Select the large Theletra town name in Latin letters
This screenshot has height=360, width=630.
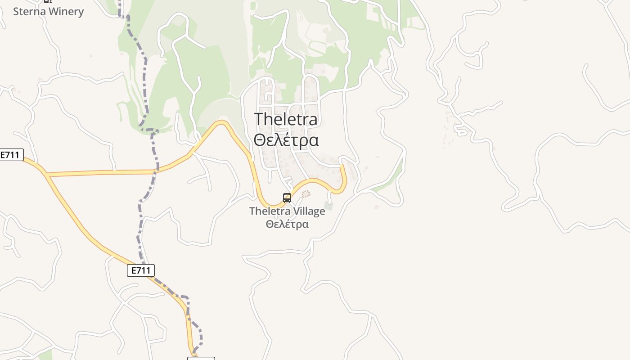(286, 119)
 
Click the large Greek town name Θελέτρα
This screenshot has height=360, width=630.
(286, 140)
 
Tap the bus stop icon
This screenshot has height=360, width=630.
(287, 198)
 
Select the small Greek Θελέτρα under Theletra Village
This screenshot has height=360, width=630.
(287, 224)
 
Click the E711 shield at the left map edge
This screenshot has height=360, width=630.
(11, 155)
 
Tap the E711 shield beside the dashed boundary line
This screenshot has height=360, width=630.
(141, 270)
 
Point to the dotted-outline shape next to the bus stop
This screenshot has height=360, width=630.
(306, 194)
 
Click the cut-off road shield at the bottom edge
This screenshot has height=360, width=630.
(201, 358)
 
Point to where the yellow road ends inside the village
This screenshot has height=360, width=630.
(342, 166)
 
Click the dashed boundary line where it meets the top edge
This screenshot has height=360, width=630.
(120, 1)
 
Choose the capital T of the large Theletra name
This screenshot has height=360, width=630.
(260, 119)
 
